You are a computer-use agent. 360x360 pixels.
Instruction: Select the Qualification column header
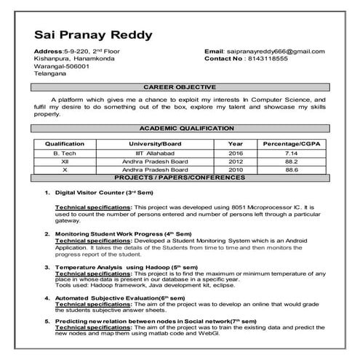click(x=65, y=143)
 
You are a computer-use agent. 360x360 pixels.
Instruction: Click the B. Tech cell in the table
click(x=65, y=154)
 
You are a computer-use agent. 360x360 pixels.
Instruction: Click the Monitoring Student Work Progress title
click(x=106, y=234)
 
